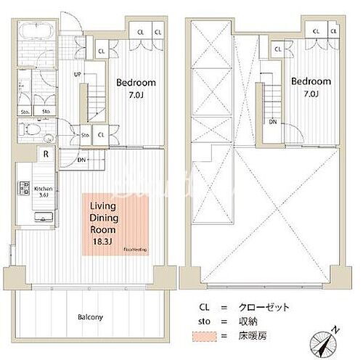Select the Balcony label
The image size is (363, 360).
[91, 317]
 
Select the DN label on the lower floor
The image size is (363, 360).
[82, 160]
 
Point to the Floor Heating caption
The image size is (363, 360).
[135, 249]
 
